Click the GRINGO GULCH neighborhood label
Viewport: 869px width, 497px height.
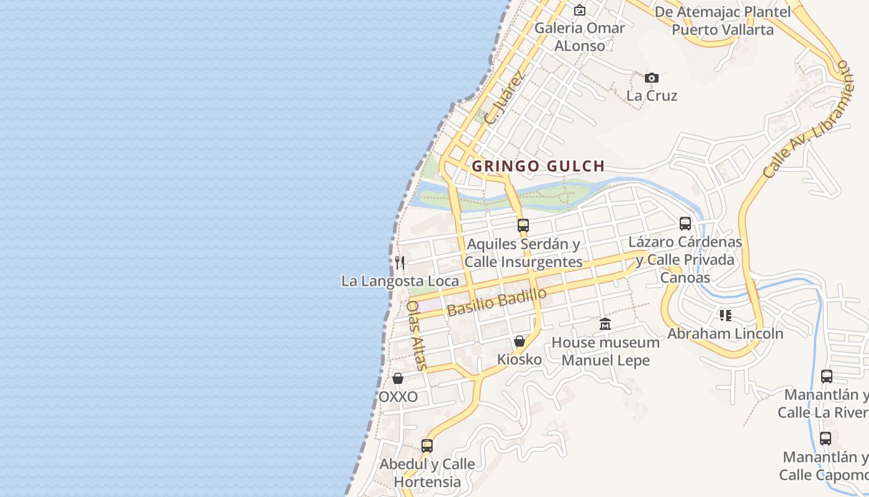pos(538,166)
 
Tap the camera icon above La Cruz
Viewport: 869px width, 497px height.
pos(651,78)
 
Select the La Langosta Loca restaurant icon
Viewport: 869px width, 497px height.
pos(400,263)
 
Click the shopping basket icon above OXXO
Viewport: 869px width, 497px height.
pos(398,378)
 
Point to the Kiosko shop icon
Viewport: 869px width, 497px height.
pos(520,341)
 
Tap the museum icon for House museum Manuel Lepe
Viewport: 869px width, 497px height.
pos(605,324)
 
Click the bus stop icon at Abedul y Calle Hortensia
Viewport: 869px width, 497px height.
pos(426,445)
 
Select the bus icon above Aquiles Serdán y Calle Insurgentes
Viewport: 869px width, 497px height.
pos(523,225)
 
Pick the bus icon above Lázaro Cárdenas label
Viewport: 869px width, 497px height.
pos(685,224)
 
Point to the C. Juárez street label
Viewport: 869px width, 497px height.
pos(505,98)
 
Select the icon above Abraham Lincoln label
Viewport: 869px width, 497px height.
pos(725,316)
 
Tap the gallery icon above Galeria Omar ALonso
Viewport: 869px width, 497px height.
pos(579,10)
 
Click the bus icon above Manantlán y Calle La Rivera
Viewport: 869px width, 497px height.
pos(826,376)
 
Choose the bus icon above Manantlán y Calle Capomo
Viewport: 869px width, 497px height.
pos(825,439)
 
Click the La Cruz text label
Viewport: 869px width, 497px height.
pos(652,96)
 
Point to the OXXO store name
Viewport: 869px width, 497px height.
pos(398,396)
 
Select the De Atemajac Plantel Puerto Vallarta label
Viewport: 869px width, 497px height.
pos(723,21)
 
